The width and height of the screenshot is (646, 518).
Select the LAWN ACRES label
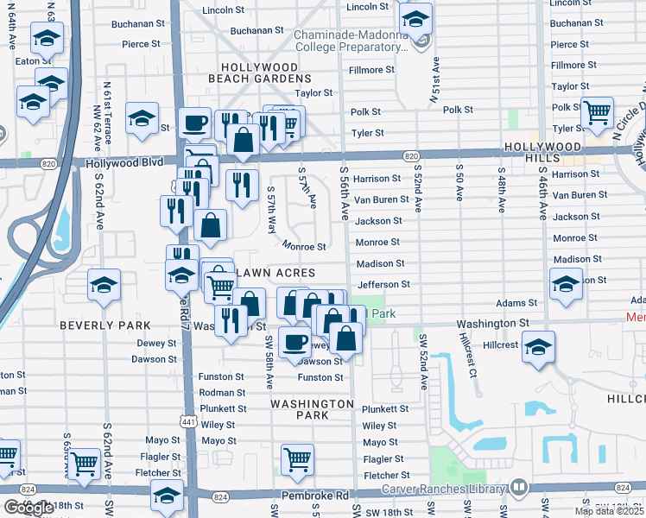[x=280, y=273]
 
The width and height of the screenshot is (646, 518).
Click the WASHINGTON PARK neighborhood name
[x=312, y=409]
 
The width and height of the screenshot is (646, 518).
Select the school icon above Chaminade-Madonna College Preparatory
[x=416, y=19]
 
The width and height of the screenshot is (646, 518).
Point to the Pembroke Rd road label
[x=315, y=496]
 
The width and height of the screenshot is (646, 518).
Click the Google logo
[x=28, y=507]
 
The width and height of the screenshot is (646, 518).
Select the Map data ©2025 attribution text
[x=609, y=511]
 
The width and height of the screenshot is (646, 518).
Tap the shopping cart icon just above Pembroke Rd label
[x=297, y=459]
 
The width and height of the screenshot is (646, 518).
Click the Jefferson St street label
[x=382, y=284]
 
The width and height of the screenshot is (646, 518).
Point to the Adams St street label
[x=516, y=303]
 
